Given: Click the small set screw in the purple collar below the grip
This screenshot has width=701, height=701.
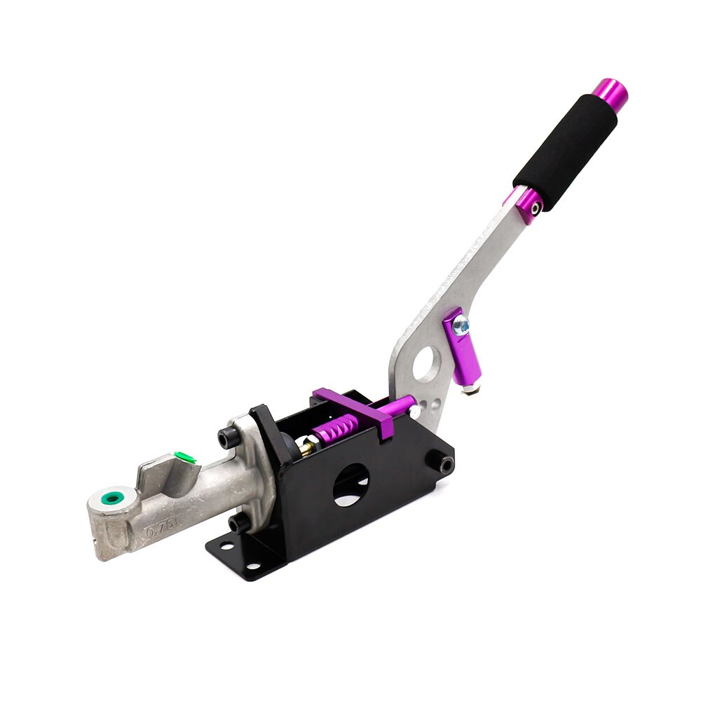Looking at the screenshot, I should click(535, 207).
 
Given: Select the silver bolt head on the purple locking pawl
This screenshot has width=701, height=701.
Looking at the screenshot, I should click(461, 324).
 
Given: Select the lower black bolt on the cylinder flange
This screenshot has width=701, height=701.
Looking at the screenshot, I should click(236, 523).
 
